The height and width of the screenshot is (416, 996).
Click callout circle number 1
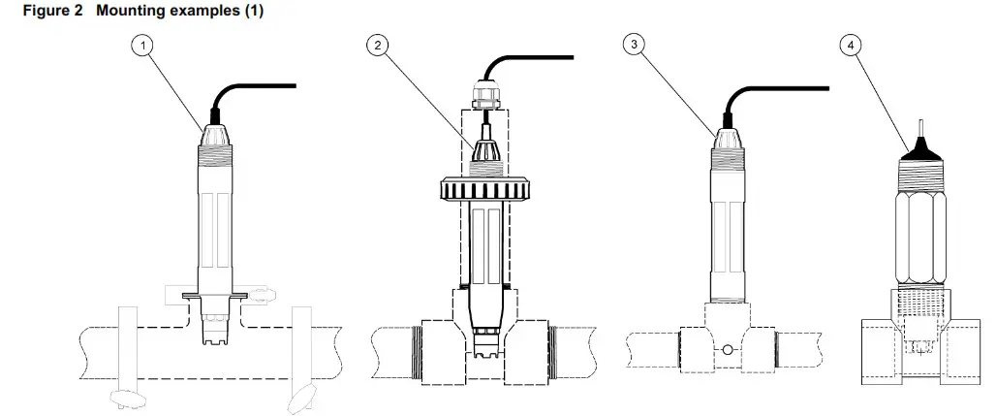(144, 47)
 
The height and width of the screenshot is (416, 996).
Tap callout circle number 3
(633, 47)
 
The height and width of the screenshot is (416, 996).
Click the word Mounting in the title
(124, 11)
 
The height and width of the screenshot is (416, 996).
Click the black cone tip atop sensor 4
(916, 150)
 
